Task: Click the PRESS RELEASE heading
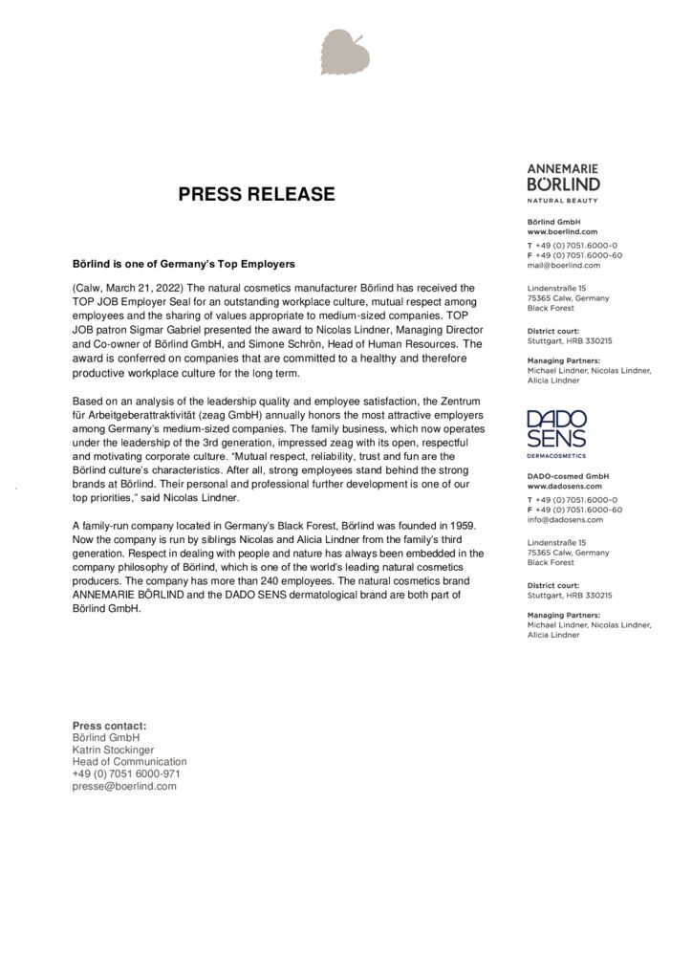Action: point(257,195)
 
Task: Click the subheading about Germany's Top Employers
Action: point(184,263)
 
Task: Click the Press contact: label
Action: point(109,726)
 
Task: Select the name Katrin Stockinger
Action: point(113,750)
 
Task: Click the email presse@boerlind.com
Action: point(124,786)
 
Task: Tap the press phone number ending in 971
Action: point(126,773)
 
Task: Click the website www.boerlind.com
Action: point(562,231)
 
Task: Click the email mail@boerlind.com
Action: point(564,265)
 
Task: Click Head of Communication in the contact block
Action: point(130,762)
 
